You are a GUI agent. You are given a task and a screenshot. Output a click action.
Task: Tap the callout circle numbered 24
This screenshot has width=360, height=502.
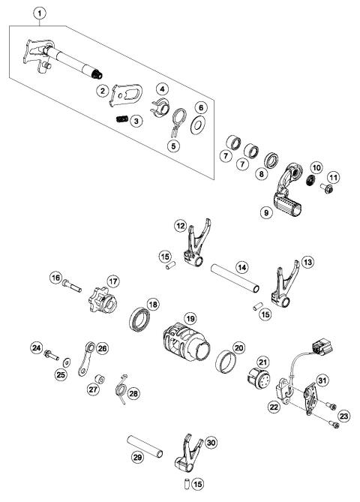point(36,347)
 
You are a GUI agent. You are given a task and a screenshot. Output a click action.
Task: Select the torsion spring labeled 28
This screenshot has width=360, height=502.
point(118,392)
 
